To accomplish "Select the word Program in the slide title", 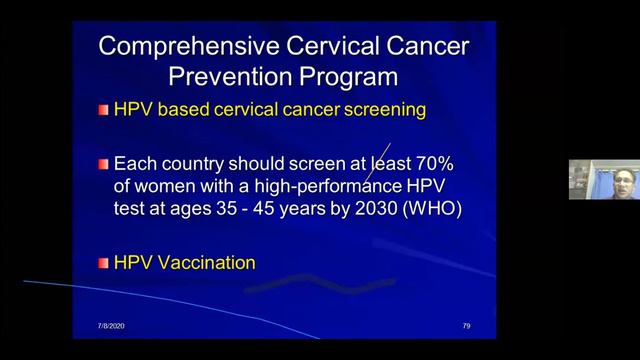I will [344, 76].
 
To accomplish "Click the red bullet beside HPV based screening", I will [103, 110].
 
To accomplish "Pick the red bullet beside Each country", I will [103, 163].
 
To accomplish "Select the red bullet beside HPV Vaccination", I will [103, 263].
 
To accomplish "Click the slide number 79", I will [466, 326].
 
